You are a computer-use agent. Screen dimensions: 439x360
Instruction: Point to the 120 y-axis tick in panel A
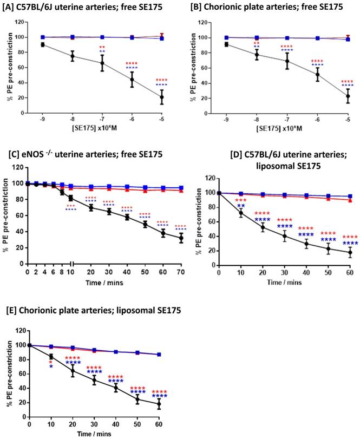coord(21,22)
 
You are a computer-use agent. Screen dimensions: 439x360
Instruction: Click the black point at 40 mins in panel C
coord(127,217)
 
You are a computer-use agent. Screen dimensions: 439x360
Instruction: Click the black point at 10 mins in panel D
coord(240,213)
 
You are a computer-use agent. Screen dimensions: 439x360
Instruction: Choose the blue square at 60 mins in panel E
coord(159,355)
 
